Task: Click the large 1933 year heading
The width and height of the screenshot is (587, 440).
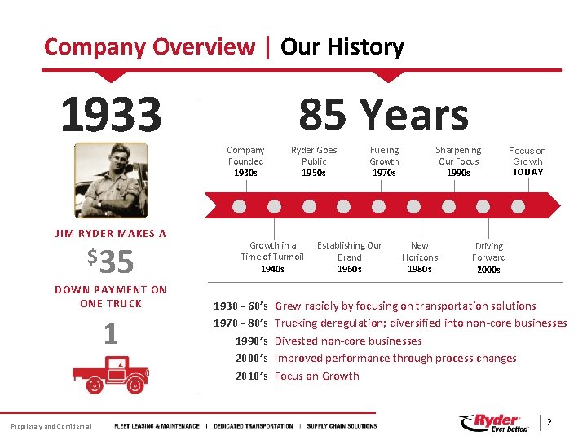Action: pyautogui.click(x=110, y=115)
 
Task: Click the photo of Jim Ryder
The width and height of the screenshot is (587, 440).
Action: pyautogui.click(x=111, y=179)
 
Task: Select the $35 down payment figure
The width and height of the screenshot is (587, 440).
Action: pyautogui.click(x=111, y=262)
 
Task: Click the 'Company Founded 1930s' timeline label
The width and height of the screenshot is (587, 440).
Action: pyautogui.click(x=245, y=161)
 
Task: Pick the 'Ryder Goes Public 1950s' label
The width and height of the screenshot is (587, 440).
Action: pyautogui.click(x=314, y=161)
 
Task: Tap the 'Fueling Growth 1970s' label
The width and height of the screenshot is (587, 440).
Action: pyautogui.click(x=384, y=161)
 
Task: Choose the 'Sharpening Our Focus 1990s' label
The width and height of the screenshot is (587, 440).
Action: pyautogui.click(x=458, y=161)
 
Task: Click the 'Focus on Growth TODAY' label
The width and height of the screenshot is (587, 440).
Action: pyautogui.click(x=527, y=161)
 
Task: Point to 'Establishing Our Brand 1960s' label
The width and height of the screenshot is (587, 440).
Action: pyautogui.click(x=349, y=257)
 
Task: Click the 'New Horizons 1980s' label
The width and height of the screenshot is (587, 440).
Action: pyautogui.click(x=420, y=257)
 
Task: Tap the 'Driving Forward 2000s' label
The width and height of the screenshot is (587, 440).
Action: pyautogui.click(x=489, y=257)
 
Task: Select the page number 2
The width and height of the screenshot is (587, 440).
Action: pyautogui.click(x=549, y=422)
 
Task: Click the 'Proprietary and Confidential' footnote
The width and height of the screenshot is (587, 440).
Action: pyautogui.click(x=51, y=426)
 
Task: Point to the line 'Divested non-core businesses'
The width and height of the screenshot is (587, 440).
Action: pyautogui.click(x=348, y=341)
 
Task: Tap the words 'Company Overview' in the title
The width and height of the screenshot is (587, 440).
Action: pyautogui.click(x=149, y=46)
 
